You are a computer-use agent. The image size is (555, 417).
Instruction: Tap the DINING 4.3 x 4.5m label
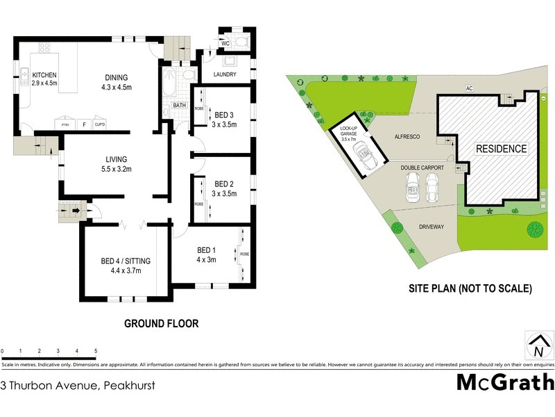pos(117,82)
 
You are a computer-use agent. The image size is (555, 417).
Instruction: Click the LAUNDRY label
pos(225,74)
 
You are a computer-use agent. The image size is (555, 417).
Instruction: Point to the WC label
pos(225,43)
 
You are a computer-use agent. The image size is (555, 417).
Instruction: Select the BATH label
pos(180,106)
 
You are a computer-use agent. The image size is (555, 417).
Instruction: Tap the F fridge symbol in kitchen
pos(85,125)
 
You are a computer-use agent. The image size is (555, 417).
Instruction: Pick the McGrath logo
pos(505,382)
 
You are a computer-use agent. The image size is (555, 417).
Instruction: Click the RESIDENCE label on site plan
pos(501,149)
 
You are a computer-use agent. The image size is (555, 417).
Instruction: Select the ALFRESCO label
pos(408,138)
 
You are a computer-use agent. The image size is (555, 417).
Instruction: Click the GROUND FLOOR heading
pos(161,323)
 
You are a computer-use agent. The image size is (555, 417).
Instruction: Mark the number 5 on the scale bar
pos(96,350)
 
